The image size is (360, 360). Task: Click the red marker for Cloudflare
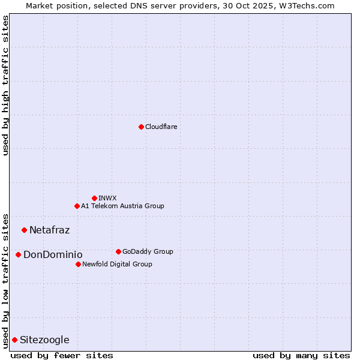[141, 127]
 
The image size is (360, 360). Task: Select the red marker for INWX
[94, 198]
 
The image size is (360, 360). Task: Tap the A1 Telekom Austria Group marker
[77, 206]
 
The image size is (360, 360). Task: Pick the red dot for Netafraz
[24, 230]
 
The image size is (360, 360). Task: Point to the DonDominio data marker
[18, 254]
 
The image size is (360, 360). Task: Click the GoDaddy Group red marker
[118, 251]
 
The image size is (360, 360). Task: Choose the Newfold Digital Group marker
[78, 264]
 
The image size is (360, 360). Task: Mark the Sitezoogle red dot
[14, 340]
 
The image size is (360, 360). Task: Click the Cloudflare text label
[161, 127]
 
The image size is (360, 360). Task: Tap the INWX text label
[107, 198]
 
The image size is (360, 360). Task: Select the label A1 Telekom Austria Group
[122, 206]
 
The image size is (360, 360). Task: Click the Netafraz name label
[49, 230]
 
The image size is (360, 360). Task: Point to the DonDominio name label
[53, 254]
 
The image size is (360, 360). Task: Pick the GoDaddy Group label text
[148, 251]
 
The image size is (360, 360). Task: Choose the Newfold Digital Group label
[117, 264]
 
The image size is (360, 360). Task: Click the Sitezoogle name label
[44, 340]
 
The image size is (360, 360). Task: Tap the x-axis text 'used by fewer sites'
[62, 355]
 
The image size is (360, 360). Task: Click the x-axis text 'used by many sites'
[301, 355]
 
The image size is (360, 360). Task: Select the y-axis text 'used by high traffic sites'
[5, 85]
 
